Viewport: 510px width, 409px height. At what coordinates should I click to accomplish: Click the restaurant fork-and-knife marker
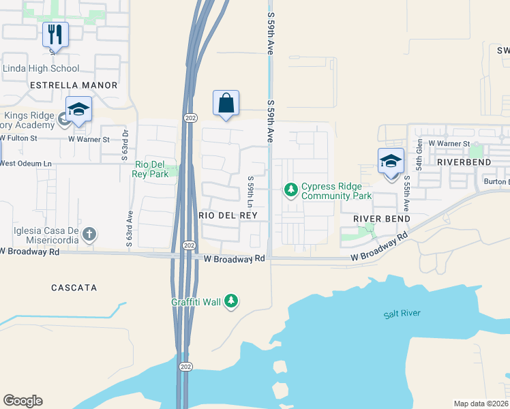(x=56, y=34)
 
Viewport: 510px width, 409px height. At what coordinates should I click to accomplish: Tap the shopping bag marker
(x=226, y=104)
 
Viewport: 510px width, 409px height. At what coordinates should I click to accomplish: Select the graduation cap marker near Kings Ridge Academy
(x=79, y=110)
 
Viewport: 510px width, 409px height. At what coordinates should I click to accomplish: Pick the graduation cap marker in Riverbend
(x=391, y=162)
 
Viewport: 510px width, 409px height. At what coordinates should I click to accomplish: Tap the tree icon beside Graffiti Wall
(x=231, y=301)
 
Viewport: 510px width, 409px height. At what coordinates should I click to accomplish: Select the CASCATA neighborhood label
(x=74, y=288)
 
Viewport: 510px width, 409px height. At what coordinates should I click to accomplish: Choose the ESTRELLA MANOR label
(x=74, y=85)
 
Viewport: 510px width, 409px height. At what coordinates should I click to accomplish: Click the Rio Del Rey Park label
(x=151, y=168)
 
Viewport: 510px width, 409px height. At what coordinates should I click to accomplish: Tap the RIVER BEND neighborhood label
(x=381, y=219)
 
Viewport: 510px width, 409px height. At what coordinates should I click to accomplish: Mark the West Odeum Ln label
(x=25, y=164)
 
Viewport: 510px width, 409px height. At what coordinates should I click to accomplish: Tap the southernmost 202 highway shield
(x=185, y=367)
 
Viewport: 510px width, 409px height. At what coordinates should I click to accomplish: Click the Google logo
(x=22, y=401)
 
